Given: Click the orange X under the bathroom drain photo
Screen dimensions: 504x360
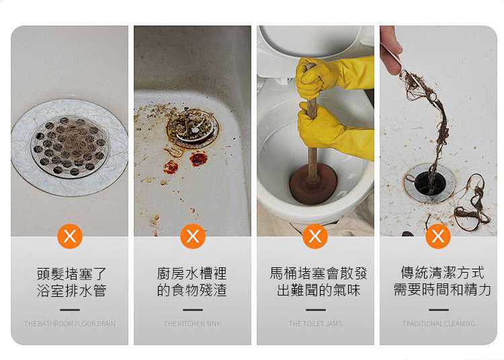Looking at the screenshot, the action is click(70, 236).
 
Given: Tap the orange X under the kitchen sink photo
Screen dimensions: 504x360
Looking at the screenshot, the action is click(193, 236).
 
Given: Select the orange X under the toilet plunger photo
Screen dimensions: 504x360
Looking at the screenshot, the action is click(315, 236).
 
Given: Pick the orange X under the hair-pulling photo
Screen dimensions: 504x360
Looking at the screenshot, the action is click(437, 236).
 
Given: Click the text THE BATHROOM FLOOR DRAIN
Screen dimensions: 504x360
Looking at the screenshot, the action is click(70, 324).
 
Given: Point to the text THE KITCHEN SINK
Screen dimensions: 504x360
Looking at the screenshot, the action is click(192, 324).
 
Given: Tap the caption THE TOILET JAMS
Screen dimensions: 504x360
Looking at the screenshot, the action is click(315, 324).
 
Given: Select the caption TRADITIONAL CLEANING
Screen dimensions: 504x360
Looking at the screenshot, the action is click(439, 324).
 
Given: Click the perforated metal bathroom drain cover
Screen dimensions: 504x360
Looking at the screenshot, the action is click(69, 146).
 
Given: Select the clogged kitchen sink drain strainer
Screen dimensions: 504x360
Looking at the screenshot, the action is click(192, 128).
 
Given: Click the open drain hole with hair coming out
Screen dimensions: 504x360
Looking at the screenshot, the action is click(430, 183).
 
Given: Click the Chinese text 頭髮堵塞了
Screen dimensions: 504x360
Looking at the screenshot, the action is click(71, 274).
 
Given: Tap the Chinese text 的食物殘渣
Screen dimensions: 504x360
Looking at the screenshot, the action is click(192, 290).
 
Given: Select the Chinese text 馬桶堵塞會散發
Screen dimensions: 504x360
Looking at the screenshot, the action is click(319, 273).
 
